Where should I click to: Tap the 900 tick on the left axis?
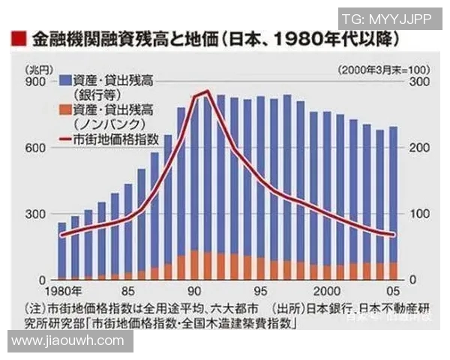pyautogui.click(x=35, y=82)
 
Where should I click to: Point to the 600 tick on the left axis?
pyautogui.click(x=35, y=148)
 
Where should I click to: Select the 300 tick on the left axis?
pyautogui.click(x=35, y=214)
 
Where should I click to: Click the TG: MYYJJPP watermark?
pyautogui.click(x=386, y=18)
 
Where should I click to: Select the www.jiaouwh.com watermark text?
pyautogui.click(x=68, y=341)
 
